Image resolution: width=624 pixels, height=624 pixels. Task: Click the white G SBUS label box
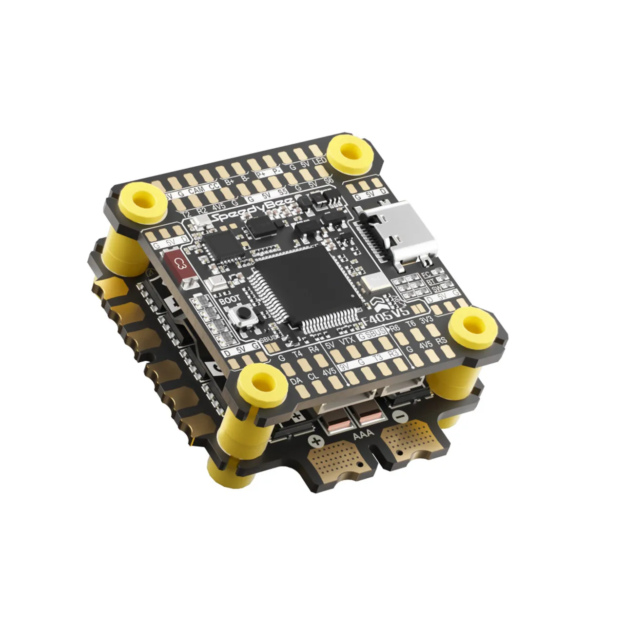point(373,336)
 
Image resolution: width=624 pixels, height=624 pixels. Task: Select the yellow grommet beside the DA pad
point(261,381)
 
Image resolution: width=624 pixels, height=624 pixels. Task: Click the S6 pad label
point(329,180)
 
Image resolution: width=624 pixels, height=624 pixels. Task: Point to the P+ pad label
point(261,173)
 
